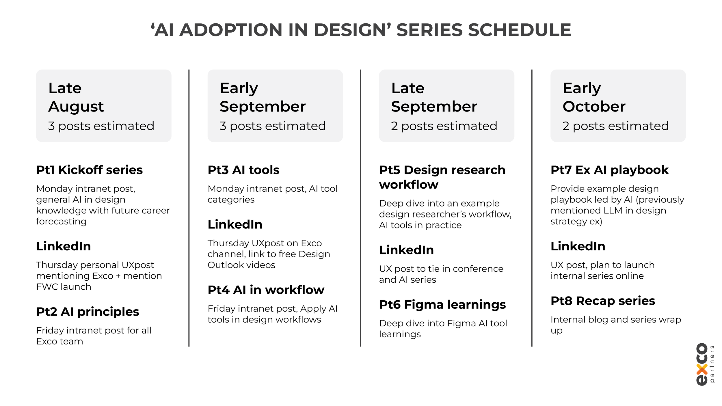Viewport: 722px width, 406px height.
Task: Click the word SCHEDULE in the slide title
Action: (x=519, y=30)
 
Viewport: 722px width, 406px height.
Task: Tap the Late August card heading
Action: (x=76, y=97)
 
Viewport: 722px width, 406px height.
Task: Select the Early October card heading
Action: (x=594, y=97)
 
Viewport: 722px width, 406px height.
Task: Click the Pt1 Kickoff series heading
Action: (x=89, y=170)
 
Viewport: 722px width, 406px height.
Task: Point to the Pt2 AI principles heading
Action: (x=88, y=312)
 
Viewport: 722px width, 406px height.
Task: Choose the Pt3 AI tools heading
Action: (x=243, y=170)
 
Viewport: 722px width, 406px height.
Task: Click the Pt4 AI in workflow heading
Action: (x=266, y=290)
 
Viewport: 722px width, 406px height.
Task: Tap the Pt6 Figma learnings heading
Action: (x=442, y=304)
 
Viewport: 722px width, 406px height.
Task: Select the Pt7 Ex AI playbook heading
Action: (x=609, y=170)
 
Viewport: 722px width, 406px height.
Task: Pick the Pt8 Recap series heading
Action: (x=603, y=301)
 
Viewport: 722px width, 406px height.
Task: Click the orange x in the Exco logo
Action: (x=702, y=369)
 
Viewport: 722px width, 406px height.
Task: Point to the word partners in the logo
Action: (x=712, y=364)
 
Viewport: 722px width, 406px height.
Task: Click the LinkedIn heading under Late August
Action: (x=64, y=246)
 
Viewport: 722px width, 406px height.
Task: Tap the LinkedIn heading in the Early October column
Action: (x=578, y=246)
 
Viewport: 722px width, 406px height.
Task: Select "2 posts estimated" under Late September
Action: (x=444, y=126)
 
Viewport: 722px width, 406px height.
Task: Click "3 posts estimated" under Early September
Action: (x=272, y=126)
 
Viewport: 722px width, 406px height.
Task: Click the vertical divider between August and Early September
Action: (x=189, y=208)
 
